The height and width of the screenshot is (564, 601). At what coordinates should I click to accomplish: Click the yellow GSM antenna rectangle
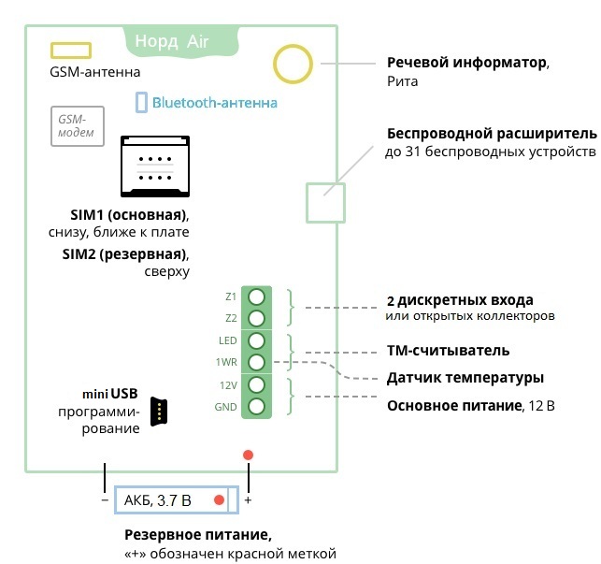[70, 50]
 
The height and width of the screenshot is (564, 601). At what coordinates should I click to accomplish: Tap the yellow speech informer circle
[293, 64]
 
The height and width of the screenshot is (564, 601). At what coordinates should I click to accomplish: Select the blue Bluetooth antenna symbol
[141, 102]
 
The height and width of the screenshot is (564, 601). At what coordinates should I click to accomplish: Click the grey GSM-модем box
[72, 125]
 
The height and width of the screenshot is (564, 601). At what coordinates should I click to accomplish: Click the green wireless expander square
[325, 202]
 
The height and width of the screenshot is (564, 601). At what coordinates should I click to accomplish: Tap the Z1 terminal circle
[256, 296]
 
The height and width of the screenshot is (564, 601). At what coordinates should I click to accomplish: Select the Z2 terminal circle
[256, 318]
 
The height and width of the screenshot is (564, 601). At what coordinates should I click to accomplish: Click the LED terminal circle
[256, 340]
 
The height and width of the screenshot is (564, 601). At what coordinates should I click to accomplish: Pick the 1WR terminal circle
[256, 362]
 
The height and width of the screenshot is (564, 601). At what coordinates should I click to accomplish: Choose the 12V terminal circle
[256, 384]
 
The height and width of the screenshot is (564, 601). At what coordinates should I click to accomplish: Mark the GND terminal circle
[256, 407]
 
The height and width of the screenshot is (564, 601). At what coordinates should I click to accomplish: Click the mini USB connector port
[160, 410]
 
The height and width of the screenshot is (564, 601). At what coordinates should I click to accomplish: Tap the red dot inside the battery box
[219, 500]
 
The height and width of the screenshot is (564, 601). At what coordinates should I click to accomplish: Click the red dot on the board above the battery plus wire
[248, 456]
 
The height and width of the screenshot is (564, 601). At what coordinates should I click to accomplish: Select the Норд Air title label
[172, 41]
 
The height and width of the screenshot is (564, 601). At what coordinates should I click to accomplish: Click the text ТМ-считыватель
[448, 351]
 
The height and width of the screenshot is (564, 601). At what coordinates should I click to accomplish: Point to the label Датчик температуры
[465, 378]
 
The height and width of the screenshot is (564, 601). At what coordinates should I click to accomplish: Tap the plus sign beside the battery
[249, 501]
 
